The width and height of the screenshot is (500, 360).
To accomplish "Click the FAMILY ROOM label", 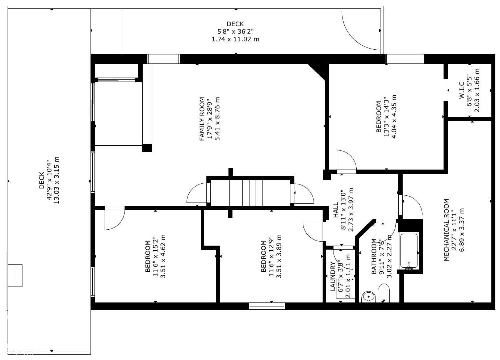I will pos(202,119).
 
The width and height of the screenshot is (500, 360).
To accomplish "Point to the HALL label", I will pos(336,210).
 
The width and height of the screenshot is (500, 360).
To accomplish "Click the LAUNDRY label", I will pos(333,276).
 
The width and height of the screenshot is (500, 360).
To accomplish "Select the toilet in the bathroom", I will pos(384,293).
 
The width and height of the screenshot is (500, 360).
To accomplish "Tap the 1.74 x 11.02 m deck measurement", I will pos(235,39).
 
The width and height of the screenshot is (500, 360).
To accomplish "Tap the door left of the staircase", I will pos(198,193).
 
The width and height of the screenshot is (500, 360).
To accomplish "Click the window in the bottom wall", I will pos(267,306).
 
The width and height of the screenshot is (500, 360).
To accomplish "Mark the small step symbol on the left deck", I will pos(15,275).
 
